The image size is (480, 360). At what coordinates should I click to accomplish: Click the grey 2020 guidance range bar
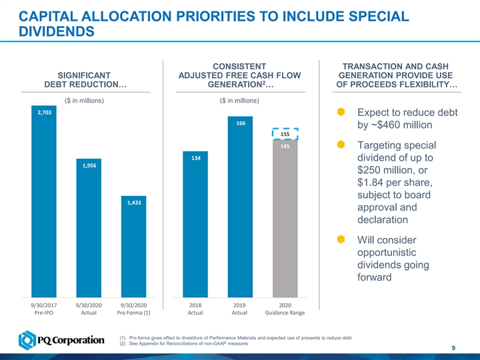click(x=284, y=220)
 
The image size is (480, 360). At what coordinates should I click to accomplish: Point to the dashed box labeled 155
click(x=285, y=134)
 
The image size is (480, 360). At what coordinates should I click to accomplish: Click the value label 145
click(x=285, y=146)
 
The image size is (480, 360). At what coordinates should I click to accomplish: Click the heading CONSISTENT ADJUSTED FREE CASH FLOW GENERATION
click(x=239, y=75)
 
